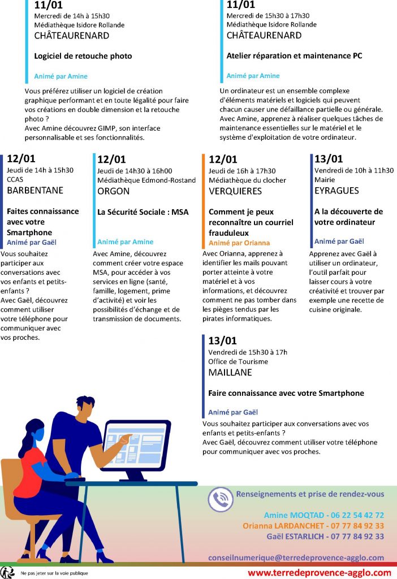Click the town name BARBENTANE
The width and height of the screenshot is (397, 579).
[x=35, y=191]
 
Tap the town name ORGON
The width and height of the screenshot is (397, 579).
[x=114, y=191]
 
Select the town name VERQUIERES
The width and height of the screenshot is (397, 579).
[x=235, y=191]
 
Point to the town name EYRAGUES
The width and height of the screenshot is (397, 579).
[x=336, y=191]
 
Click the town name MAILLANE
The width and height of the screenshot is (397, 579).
[x=230, y=373]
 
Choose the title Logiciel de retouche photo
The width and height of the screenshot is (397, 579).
[x=83, y=56]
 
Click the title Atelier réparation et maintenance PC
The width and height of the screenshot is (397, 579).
[x=294, y=56]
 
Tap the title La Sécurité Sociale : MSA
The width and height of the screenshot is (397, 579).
[x=143, y=213]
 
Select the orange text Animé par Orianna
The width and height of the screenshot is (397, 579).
[x=239, y=243]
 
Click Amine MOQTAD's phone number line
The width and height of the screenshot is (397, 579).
[x=323, y=515]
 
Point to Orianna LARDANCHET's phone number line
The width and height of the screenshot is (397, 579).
[x=313, y=526]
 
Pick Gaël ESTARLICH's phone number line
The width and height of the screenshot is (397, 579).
[x=322, y=537]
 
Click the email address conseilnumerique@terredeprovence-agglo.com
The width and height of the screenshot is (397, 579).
[x=296, y=558]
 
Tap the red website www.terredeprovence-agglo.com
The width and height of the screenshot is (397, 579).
[x=320, y=572]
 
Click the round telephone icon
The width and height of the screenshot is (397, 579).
[x=221, y=499]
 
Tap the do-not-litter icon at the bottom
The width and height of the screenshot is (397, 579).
[x=8, y=572]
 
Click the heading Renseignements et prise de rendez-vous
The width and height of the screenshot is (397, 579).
[x=310, y=494]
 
